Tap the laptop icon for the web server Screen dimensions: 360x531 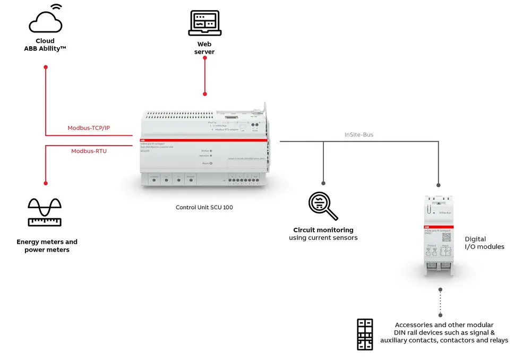pos(204,23)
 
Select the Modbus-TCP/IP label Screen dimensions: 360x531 pos(89,128)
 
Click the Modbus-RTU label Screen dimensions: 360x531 pos(89,151)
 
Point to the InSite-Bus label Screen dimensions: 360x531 pos(358,135)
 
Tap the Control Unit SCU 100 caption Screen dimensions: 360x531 pos(204,207)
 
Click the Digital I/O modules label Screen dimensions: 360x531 pos(484,243)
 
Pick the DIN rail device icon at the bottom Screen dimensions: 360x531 pos(365,335)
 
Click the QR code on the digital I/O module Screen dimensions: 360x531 pos(446,237)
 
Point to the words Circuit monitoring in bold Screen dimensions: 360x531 pos(323,230)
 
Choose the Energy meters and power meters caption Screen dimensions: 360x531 pos(47,246)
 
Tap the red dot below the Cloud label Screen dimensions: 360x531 pos(46,67)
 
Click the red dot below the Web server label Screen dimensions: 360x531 pos(204,95)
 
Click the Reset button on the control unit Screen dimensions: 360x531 pos(211,163)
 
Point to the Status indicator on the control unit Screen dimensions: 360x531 pos(211,151)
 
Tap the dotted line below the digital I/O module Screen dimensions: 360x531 pos(440,303)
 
